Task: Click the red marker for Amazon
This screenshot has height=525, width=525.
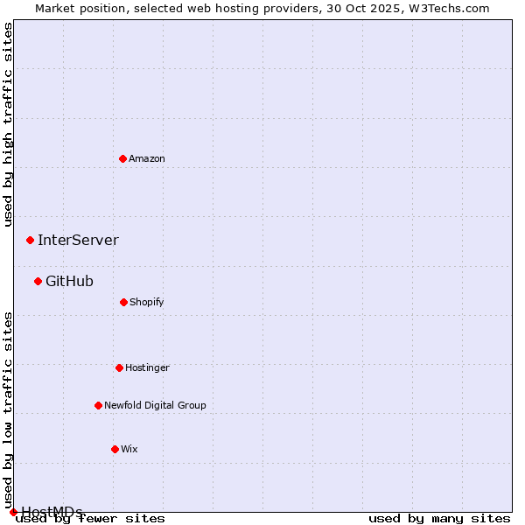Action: pyautogui.click(x=122, y=158)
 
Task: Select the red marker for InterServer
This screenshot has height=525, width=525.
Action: pyautogui.click(x=30, y=240)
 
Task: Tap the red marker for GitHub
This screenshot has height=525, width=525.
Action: pyautogui.click(x=38, y=281)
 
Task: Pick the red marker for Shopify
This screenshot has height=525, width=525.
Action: pyautogui.click(x=123, y=302)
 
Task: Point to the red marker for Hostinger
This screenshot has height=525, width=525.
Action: pyautogui.click(x=119, y=367)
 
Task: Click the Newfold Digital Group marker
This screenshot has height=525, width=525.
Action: pyautogui.click(x=98, y=405)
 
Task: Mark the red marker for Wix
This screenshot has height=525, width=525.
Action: pyautogui.click(x=115, y=449)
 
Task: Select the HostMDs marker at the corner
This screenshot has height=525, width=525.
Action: pyautogui.click(x=13, y=512)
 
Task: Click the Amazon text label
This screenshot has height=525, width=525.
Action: pyautogui.click(x=147, y=158)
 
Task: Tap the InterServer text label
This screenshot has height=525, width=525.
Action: pyautogui.click(x=78, y=240)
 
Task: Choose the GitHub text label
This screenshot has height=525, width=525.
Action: pyautogui.click(x=69, y=281)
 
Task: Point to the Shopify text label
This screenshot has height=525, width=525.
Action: pyautogui.click(x=147, y=302)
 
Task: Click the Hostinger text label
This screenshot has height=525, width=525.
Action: pyautogui.click(x=147, y=367)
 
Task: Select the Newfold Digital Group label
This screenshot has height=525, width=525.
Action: pyautogui.click(x=155, y=405)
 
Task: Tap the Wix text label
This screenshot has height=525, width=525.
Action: pyautogui.click(x=129, y=449)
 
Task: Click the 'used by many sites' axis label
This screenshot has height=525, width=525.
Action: pyautogui.click(x=439, y=518)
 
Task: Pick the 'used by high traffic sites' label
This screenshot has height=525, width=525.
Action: pyautogui.click(x=8, y=124)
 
